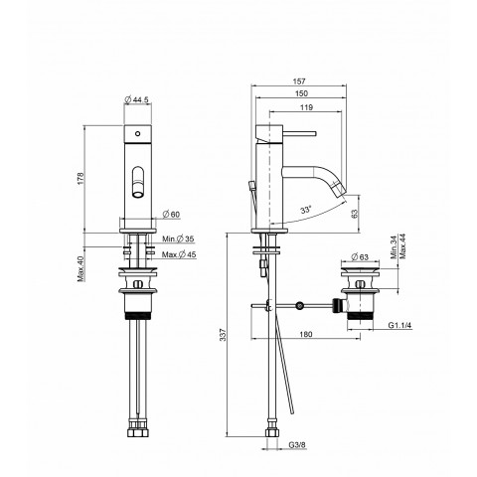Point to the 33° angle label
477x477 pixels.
[306, 211]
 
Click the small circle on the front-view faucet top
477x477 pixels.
[137, 132]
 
